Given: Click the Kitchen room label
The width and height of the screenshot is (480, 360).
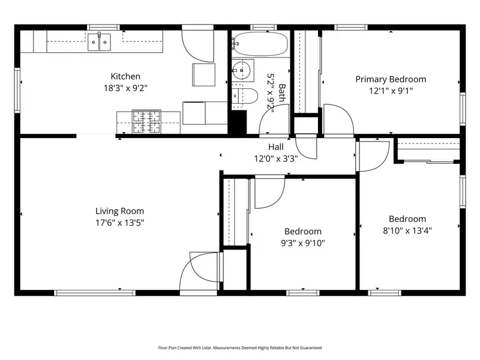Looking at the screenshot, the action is tap(125, 76).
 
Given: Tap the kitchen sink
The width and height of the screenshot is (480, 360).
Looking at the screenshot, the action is tap(99, 42).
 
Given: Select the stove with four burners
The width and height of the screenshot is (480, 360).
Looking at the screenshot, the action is tap(146, 122).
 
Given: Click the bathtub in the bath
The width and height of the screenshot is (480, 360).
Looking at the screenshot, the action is tap(261, 44).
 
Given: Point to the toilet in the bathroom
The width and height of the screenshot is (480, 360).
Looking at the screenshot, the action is tap(244, 96).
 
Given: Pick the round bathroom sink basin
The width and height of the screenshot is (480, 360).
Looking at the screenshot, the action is tap(241, 70).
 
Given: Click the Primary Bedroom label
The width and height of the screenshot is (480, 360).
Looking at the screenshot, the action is tap(391, 79).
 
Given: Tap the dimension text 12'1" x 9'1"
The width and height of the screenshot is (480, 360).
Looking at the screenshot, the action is tap(391, 91).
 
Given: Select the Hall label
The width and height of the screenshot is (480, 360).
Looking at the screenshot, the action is tap(276, 147).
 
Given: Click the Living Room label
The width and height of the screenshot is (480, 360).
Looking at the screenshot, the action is tap(119, 211).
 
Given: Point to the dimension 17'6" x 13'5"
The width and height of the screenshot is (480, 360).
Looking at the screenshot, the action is tap(119, 223).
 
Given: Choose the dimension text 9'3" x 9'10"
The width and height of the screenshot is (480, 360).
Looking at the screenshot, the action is tap(303, 243).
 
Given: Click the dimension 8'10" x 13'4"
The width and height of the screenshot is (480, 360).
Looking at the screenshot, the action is tap(407, 230).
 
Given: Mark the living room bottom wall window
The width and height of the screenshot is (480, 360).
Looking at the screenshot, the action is tap(95, 293).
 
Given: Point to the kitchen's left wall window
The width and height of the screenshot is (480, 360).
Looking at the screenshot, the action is tap(17, 91).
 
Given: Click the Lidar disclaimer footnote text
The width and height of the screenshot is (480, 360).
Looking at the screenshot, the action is tap(239, 348).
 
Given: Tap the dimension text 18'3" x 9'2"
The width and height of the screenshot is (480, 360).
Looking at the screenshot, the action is tap(125, 88).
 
